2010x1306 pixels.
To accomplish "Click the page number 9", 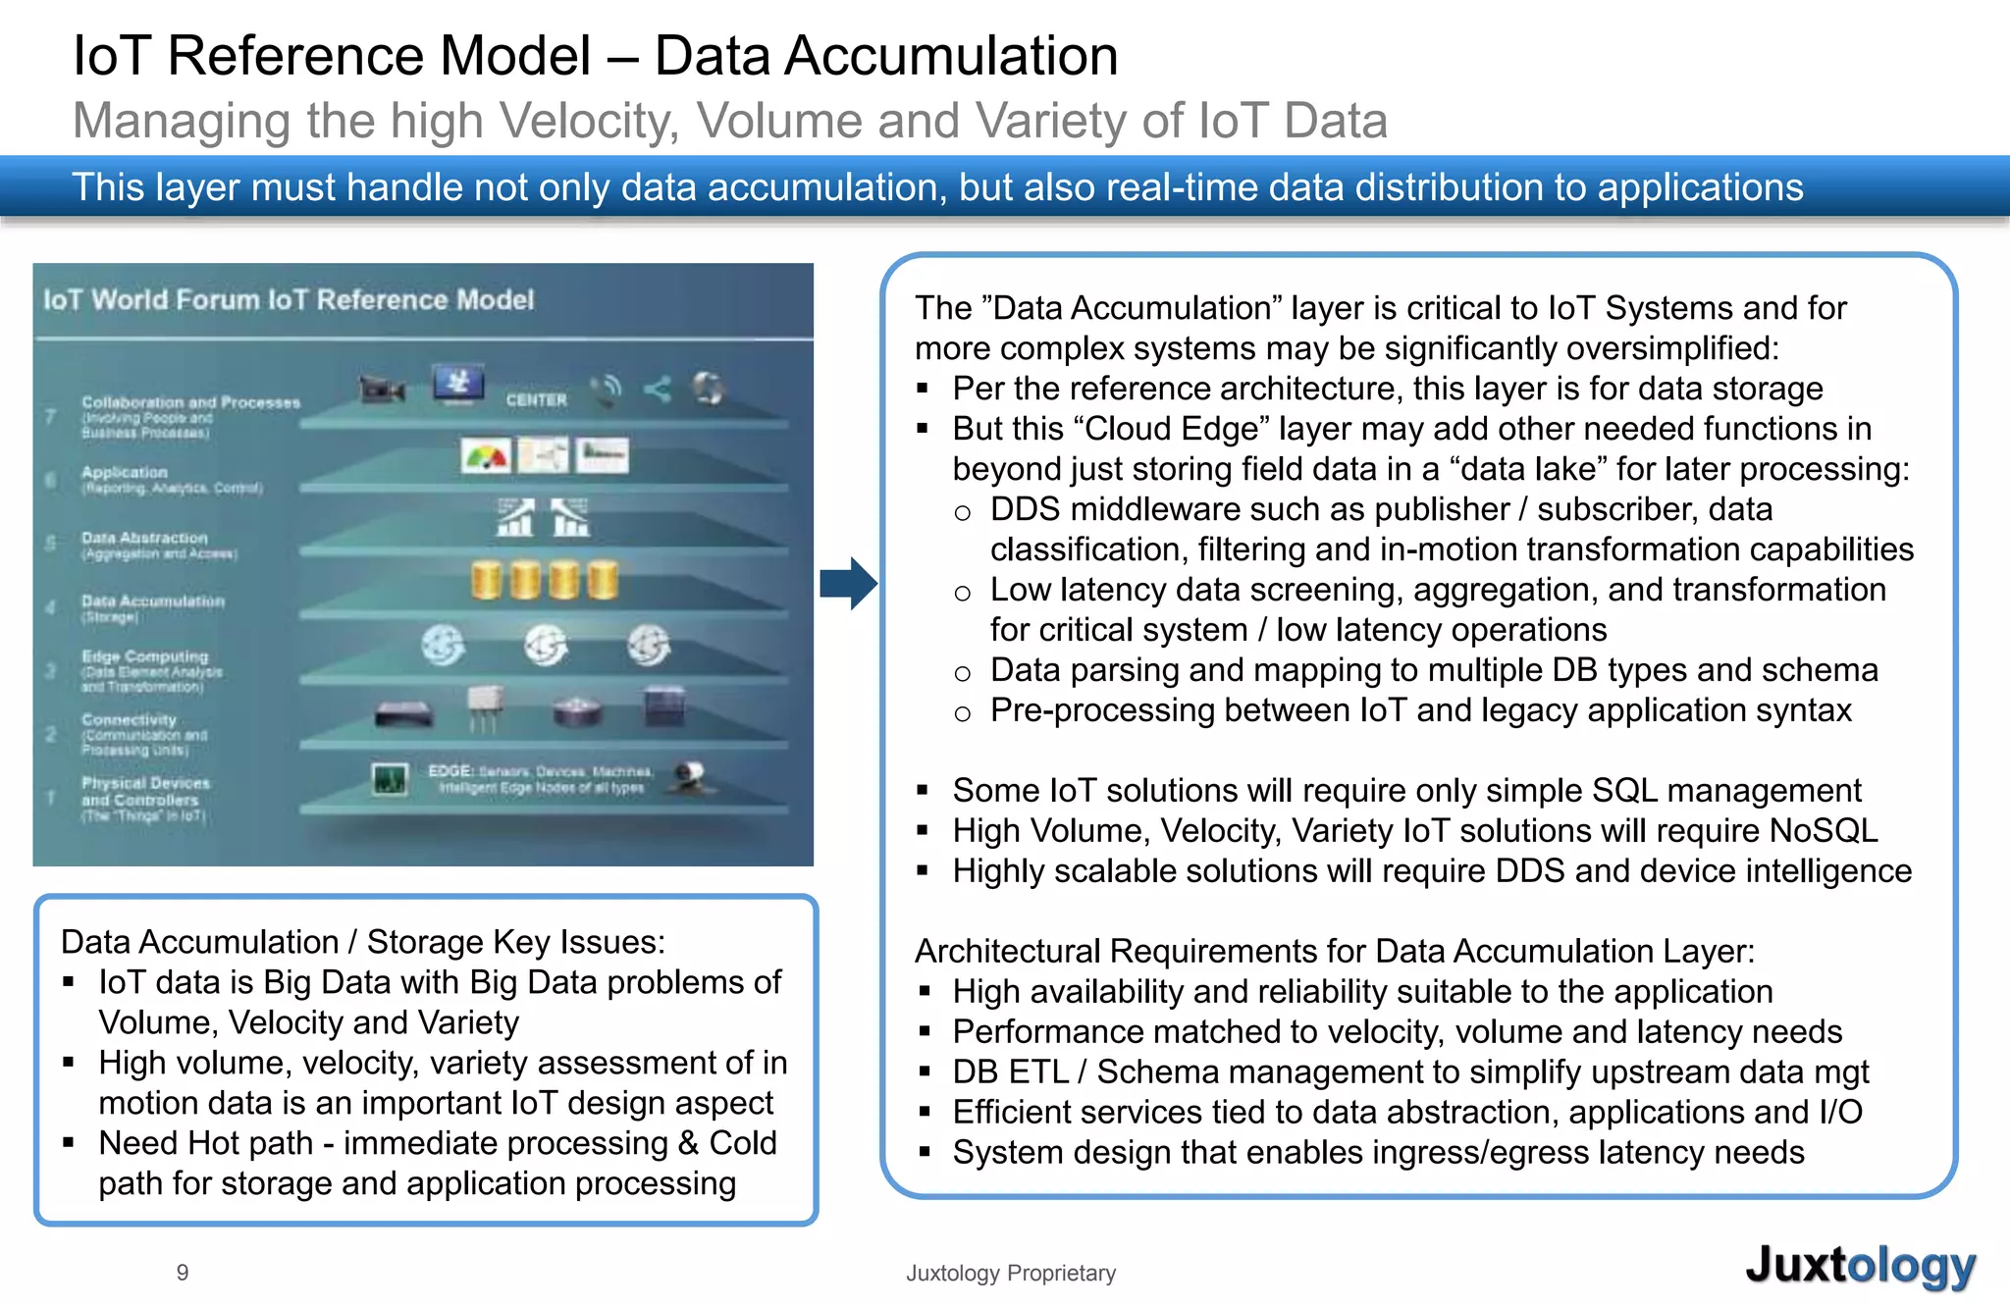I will coord(183,1273).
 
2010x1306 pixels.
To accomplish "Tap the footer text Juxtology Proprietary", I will coord(1010,1273).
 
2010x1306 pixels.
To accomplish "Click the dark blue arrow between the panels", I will coord(847,583).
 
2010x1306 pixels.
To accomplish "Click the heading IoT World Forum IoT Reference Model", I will coord(288,299).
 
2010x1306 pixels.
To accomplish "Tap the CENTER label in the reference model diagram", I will coord(536,400).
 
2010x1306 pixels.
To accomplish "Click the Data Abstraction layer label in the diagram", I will coord(144,538).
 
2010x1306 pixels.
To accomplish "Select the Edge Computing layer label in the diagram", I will coord(144,656).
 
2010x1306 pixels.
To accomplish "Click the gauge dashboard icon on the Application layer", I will coord(485,456).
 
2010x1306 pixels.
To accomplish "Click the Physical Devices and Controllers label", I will coord(144,791).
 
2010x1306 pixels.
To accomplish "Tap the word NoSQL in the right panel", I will coord(1823,830).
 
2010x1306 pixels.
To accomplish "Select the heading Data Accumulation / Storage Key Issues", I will coord(362,942).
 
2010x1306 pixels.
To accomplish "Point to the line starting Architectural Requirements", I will coord(1334,951).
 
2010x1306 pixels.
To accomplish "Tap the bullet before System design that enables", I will coord(924,1153).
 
